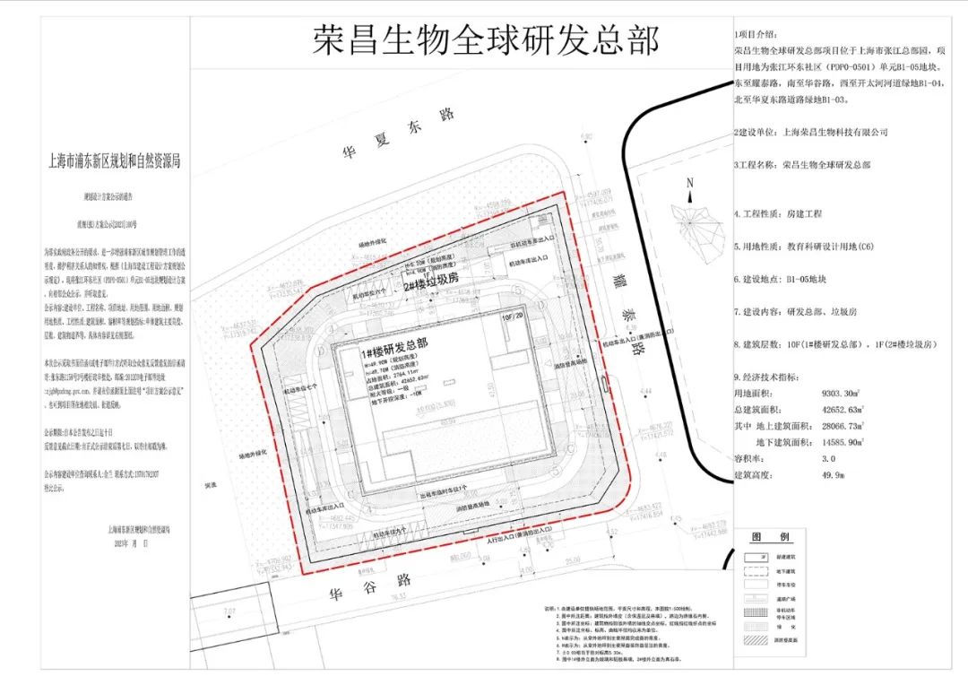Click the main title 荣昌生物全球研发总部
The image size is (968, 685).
(x=486, y=41)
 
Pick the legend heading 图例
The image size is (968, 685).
(x=769, y=536)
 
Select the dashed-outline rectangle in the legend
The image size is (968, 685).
(x=756, y=570)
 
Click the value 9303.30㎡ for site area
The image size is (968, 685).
(x=833, y=393)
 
